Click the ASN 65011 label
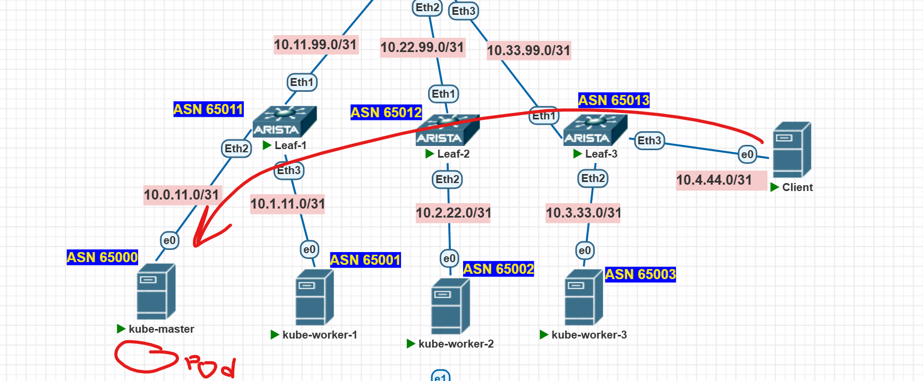[208, 109]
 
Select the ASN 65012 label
[386, 112]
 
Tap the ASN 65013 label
[613, 100]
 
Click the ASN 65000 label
[102, 257]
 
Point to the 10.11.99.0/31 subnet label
[315, 45]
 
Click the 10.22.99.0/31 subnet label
[422, 47]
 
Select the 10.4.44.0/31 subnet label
[714, 180]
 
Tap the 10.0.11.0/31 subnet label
[182, 195]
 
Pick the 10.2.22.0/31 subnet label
[453, 213]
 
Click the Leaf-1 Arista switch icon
[284, 122]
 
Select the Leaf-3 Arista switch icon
[595, 130]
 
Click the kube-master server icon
[156, 291]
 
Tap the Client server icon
[791, 150]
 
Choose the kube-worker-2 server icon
[450, 306]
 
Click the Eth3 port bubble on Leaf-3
[649, 141]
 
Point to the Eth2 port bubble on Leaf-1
[236, 149]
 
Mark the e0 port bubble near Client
[747, 154]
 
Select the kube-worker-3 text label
[589, 335]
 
